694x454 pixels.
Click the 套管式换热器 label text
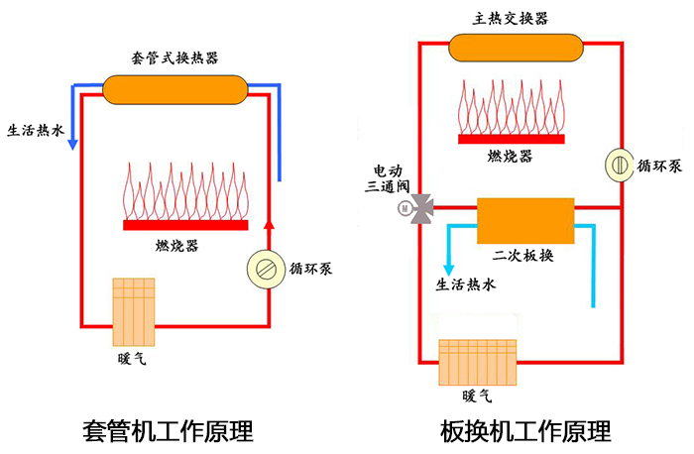coord(174,57)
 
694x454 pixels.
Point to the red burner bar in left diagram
coord(185,226)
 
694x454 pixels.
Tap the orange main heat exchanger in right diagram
coord(515,47)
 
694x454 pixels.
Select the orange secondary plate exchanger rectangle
coord(525,219)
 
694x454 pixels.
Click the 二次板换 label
coord(523,256)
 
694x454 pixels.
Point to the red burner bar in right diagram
coord(514,137)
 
